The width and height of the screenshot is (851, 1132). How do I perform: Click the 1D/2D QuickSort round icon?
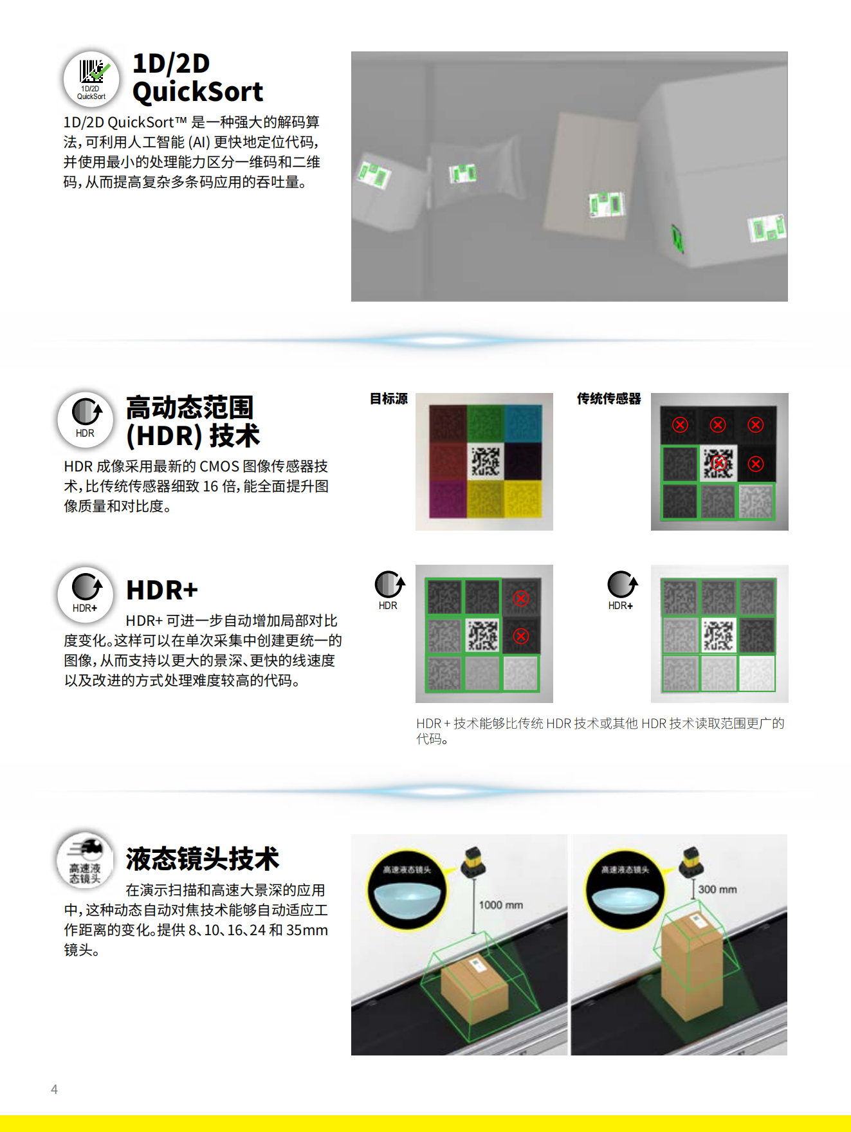click(x=91, y=79)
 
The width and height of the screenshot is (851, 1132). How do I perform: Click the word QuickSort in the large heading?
click(x=197, y=92)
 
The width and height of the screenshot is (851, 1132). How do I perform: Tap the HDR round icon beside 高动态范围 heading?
click(x=86, y=419)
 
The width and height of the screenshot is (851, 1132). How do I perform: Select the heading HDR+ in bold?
click(x=161, y=590)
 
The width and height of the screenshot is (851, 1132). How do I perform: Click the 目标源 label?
click(x=389, y=399)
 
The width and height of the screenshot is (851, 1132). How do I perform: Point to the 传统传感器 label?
click(x=609, y=399)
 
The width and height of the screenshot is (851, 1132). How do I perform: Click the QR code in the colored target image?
click(x=485, y=462)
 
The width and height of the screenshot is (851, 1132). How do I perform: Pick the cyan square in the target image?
click(x=523, y=423)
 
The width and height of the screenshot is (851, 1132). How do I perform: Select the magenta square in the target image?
click(x=448, y=499)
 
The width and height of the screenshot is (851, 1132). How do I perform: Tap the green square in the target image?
click(x=486, y=423)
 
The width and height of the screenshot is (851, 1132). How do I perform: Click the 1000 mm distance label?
click(x=500, y=905)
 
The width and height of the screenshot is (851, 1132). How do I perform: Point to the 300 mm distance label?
click(x=717, y=890)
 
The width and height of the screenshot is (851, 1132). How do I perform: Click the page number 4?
click(x=54, y=1089)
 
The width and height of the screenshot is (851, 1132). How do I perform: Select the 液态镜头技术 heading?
click(x=202, y=859)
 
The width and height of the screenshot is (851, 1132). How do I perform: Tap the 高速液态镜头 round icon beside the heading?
click(x=86, y=860)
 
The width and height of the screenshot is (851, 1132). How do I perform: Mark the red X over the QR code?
click(x=719, y=462)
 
